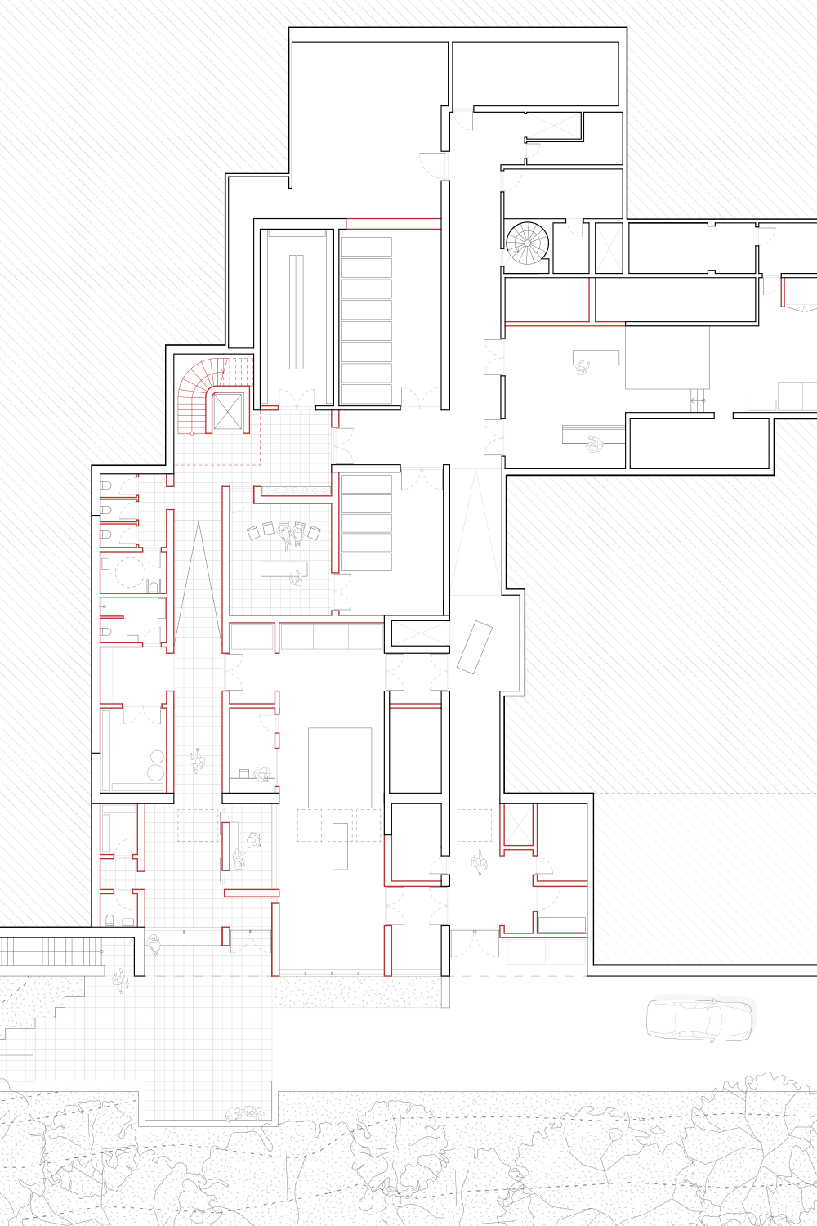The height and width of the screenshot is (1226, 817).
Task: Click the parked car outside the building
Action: (699, 1019)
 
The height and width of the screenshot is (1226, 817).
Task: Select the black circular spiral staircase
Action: (527, 243)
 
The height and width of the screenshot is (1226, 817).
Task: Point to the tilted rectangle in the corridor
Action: (475, 647)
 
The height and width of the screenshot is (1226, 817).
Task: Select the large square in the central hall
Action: (340, 767)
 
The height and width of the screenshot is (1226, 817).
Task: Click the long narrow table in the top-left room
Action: (296, 311)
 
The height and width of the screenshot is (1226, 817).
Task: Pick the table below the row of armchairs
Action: (283, 568)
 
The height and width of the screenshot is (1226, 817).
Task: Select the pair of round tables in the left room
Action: (155, 765)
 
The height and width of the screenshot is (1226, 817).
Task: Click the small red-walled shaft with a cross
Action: (516, 824)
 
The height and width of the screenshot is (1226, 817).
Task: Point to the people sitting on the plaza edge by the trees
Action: (245, 1113)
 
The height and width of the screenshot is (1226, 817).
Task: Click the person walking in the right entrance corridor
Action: (479, 861)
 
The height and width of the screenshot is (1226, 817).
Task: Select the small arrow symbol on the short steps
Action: (696, 400)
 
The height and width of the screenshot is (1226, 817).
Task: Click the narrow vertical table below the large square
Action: (340, 846)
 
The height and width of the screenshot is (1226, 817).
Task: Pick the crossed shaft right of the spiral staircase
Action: (609, 248)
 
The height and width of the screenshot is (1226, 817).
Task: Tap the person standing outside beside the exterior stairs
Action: (121, 979)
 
